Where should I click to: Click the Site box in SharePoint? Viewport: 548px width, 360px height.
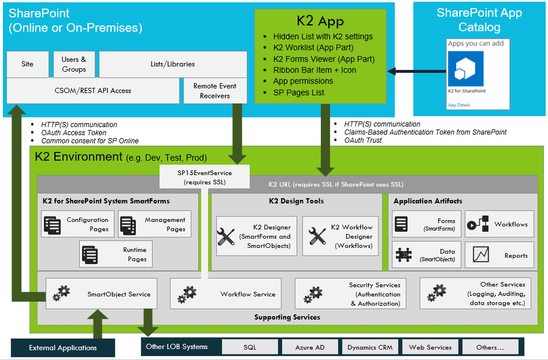coord(27,64)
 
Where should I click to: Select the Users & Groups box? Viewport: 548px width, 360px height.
coord(74,64)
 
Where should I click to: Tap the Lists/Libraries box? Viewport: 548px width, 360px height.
coord(172,64)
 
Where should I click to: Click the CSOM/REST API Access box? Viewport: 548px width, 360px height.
coord(93,91)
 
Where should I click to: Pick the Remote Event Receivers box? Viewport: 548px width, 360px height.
coord(214,91)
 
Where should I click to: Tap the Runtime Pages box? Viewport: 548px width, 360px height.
coord(116,254)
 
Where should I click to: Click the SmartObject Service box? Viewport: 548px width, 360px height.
coord(101,294)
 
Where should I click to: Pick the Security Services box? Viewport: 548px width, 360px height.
coord(350,294)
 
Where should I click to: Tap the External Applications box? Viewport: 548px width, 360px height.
coord(63,347)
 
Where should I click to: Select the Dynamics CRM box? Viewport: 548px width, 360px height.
coord(369,347)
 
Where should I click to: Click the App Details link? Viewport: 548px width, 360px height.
coord(459,105)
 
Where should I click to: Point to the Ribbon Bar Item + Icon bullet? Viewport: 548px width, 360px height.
coord(314,70)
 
